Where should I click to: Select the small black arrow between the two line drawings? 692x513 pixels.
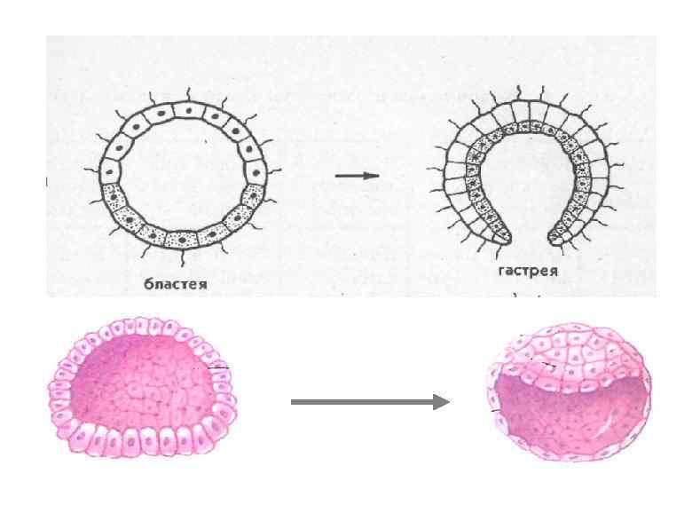357,176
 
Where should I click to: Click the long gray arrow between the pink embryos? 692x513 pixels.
369,402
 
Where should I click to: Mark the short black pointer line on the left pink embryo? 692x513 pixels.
218,367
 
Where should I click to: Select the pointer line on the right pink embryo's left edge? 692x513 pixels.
495,410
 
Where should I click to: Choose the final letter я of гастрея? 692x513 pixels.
553,272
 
